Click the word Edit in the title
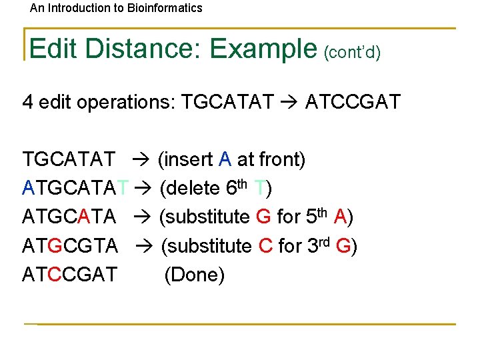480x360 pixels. pos(53,49)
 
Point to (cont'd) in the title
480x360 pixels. pos(352,52)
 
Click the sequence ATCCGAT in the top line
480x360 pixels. pos(353,102)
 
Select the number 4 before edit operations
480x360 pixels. pos(28,102)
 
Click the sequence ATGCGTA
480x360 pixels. pos(70,246)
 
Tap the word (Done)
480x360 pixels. pos(195,275)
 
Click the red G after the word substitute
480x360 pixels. pos(263,217)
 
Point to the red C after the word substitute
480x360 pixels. pos(265,246)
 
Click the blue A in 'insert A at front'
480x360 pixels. pos(225,160)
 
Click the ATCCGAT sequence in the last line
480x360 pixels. pos(70,275)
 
